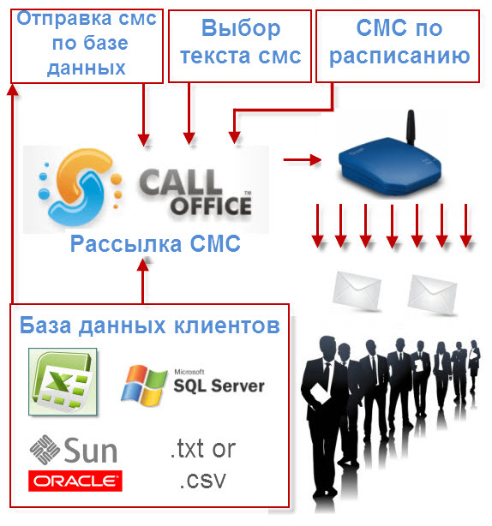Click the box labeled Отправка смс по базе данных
click(x=87, y=46)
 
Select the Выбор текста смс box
click(x=240, y=46)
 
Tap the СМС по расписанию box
click(x=398, y=46)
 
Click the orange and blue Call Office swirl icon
click(x=80, y=188)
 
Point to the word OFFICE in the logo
click(x=211, y=206)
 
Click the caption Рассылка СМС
click(x=155, y=243)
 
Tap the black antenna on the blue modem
click(x=410, y=127)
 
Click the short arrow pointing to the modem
click(x=302, y=159)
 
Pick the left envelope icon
click(x=357, y=291)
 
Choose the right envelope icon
click(x=433, y=294)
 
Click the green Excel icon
click(x=63, y=382)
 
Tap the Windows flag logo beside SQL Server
click(x=144, y=386)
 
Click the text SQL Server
click(x=219, y=386)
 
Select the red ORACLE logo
click(x=75, y=481)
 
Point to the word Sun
click(x=91, y=451)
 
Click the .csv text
click(x=202, y=481)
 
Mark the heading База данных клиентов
click(x=150, y=326)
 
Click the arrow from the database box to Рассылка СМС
click(x=143, y=281)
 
